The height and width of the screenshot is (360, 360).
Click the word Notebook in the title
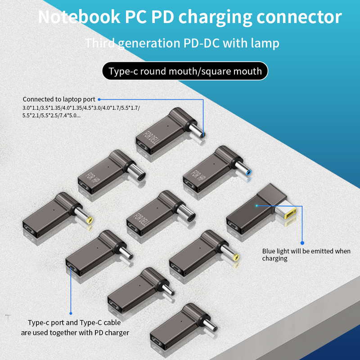(76, 17)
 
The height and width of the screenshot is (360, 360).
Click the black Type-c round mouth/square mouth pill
(184, 71)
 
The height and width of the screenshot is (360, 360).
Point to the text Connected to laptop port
(59, 99)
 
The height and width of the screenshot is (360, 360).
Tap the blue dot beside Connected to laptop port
(99, 99)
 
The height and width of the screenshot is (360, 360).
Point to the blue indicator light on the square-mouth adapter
(256, 206)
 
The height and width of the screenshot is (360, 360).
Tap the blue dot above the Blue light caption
(302, 243)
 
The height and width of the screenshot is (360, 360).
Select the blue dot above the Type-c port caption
(71, 313)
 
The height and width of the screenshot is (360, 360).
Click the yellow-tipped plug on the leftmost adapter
(89, 221)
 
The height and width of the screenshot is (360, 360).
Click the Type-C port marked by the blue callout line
(72, 270)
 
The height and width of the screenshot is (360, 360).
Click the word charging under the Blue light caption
(274, 259)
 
